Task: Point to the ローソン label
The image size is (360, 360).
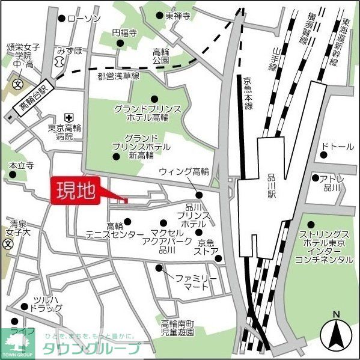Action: pos(84,19)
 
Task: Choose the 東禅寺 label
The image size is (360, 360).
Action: pos(177,16)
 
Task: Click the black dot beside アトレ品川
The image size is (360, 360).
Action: pos(315,178)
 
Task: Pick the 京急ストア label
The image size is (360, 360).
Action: pos(206,247)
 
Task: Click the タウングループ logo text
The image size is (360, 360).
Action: pos(90,349)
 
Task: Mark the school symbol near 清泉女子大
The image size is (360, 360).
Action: pos(8,244)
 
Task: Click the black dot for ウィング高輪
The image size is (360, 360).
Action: pos(200,194)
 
